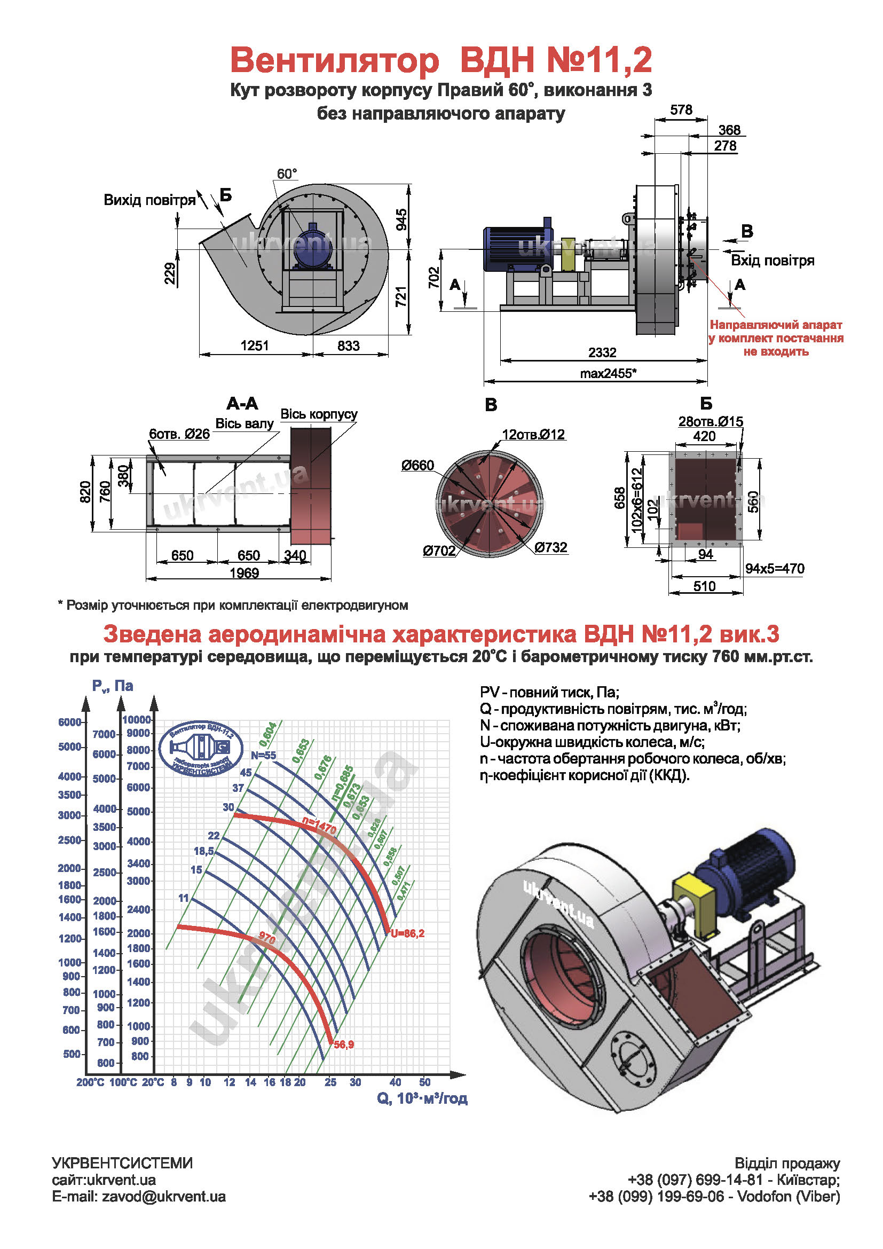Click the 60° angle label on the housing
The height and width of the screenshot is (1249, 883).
click(x=287, y=174)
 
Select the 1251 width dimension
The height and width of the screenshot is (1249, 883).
click(x=255, y=346)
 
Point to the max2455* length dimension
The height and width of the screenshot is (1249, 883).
click(x=608, y=374)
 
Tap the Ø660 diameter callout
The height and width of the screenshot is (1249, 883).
click(x=417, y=466)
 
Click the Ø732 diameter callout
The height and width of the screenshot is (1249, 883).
click(x=551, y=547)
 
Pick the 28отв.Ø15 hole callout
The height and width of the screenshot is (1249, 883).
click(x=710, y=422)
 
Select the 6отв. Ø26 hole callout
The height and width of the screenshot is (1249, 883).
click(x=179, y=434)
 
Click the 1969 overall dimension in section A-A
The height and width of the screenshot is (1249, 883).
click(x=244, y=573)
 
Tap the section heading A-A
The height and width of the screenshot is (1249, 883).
click(x=242, y=404)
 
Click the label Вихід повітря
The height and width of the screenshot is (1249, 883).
click(x=149, y=200)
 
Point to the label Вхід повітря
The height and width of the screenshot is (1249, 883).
click(x=772, y=261)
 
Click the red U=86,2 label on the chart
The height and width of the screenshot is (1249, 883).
click(x=407, y=933)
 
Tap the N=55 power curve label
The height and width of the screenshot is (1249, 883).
click(x=263, y=756)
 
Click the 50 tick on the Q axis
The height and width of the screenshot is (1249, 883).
click(x=424, y=1082)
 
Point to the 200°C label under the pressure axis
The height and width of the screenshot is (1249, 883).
click(x=90, y=1082)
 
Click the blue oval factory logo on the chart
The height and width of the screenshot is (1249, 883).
click(x=201, y=749)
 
